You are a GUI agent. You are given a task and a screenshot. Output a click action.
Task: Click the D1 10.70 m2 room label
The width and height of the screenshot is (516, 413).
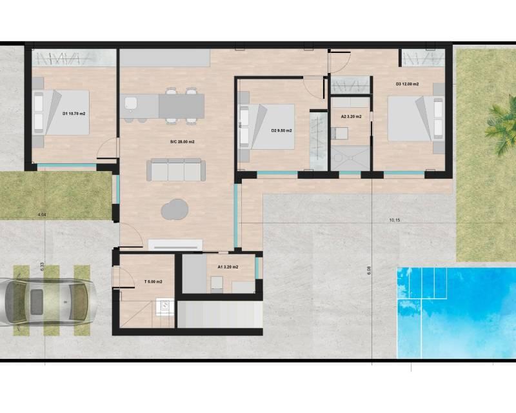(x=74, y=114)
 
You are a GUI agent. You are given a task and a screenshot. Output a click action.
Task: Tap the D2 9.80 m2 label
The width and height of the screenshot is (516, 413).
(x=282, y=131)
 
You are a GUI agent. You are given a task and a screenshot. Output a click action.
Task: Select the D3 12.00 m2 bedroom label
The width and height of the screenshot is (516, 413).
(x=407, y=85)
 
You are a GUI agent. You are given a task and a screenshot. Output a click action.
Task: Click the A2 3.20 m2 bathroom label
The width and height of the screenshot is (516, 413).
(x=351, y=117)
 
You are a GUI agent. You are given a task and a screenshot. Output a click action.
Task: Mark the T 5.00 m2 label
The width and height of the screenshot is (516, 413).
(x=152, y=282)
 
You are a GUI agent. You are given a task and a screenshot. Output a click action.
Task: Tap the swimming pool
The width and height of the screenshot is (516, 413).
(x=455, y=310)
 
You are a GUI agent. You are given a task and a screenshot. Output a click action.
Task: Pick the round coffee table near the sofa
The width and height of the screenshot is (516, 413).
(x=174, y=209)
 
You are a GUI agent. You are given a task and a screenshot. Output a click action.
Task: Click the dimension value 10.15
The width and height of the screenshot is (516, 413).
(x=395, y=220)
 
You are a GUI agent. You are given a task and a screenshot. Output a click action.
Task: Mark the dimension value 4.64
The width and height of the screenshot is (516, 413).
(x=43, y=214)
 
